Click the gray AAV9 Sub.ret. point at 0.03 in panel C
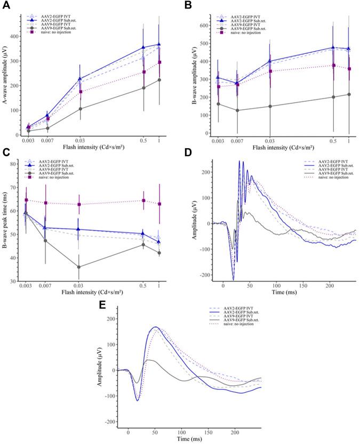[x=79, y=267]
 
